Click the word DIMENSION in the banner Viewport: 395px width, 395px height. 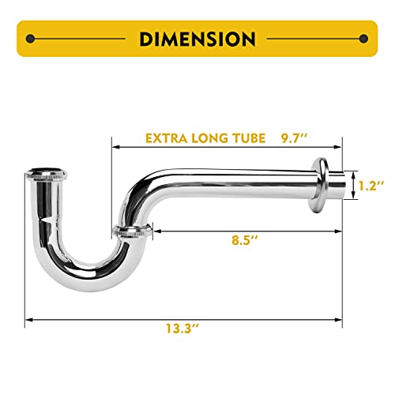coord(197,38)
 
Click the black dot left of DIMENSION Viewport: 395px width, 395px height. coord(30,38)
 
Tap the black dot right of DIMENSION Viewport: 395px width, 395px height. coord(363,38)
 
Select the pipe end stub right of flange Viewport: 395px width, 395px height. coord(338,186)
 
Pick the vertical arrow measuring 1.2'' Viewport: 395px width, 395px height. coord(352,186)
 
